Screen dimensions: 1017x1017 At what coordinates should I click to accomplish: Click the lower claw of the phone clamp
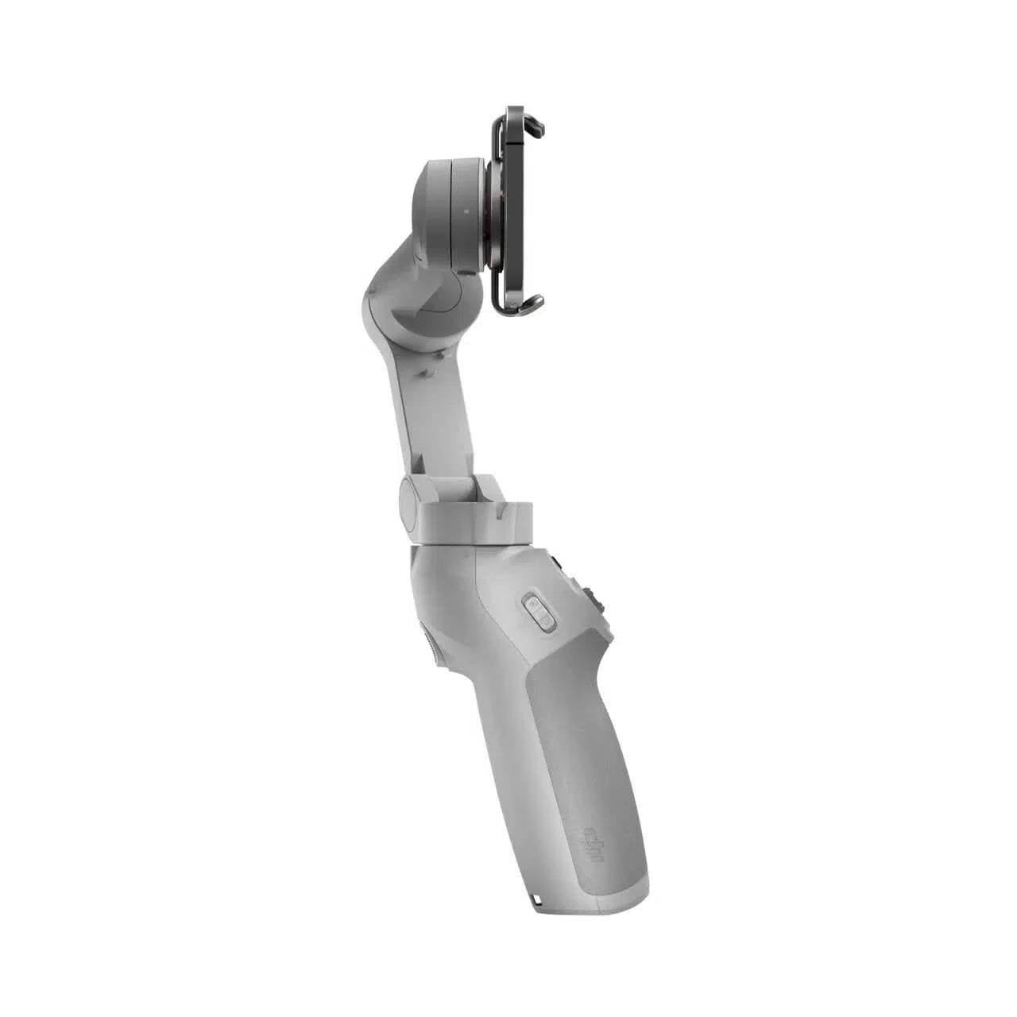(x=531, y=303)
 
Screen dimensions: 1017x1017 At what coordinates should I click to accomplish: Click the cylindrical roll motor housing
(x=445, y=211)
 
